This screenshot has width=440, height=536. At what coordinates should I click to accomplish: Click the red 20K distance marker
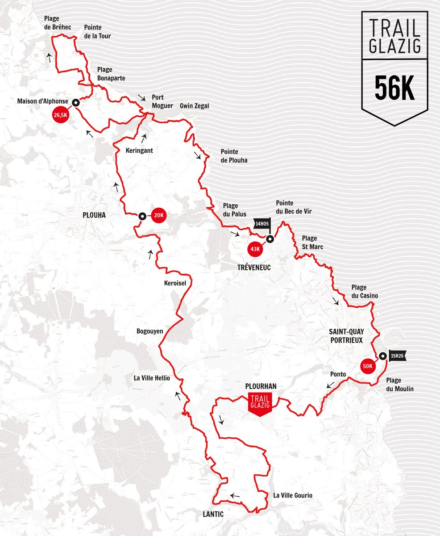click(159, 216)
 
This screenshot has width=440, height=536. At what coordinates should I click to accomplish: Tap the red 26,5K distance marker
click(60, 115)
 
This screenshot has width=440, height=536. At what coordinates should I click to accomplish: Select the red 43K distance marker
click(255, 249)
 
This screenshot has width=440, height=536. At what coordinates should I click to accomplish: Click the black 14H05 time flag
click(262, 223)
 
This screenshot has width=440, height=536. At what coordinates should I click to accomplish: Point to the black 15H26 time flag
click(396, 356)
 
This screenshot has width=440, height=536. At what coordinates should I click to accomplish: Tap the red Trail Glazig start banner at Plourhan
click(260, 403)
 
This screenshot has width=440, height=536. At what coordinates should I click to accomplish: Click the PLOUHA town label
click(94, 215)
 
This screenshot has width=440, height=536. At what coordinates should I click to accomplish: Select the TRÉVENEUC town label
click(253, 267)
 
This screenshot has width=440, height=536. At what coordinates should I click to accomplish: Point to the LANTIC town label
click(210, 514)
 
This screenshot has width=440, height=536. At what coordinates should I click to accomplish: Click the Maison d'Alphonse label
click(42, 101)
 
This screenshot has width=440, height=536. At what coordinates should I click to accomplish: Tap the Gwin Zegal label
click(194, 106)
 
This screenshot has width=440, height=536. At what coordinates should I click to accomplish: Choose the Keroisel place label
click(175, 283)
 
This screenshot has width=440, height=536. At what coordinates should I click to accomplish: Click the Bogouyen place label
click(149, 331)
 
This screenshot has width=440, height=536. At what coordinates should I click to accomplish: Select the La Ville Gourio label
click(293, 495)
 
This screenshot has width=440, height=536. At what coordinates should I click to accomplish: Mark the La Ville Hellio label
click(152, 378)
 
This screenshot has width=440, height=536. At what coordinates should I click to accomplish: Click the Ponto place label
click(338, 374)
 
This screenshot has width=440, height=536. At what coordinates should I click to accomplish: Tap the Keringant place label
click(139, 151)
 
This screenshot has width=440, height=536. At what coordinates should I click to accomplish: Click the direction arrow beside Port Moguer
click(141, 97)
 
